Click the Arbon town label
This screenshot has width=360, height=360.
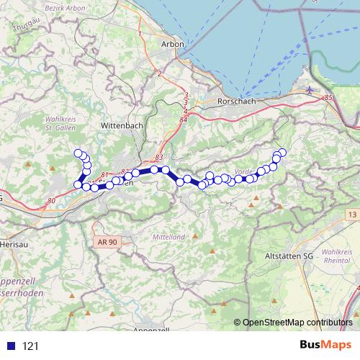[174, 44]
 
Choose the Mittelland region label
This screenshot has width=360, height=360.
[171, 236]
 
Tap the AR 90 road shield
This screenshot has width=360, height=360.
[106, 242]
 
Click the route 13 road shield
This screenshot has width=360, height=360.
[351, 215]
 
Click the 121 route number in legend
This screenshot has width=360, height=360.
[31, 346]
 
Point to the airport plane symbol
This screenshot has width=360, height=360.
[310, 90]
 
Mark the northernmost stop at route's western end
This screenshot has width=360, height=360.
[78, 152]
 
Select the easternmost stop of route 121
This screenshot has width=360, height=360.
[282, 152]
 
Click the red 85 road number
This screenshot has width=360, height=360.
[329, 97]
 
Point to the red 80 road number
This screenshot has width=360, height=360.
[50, 200]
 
